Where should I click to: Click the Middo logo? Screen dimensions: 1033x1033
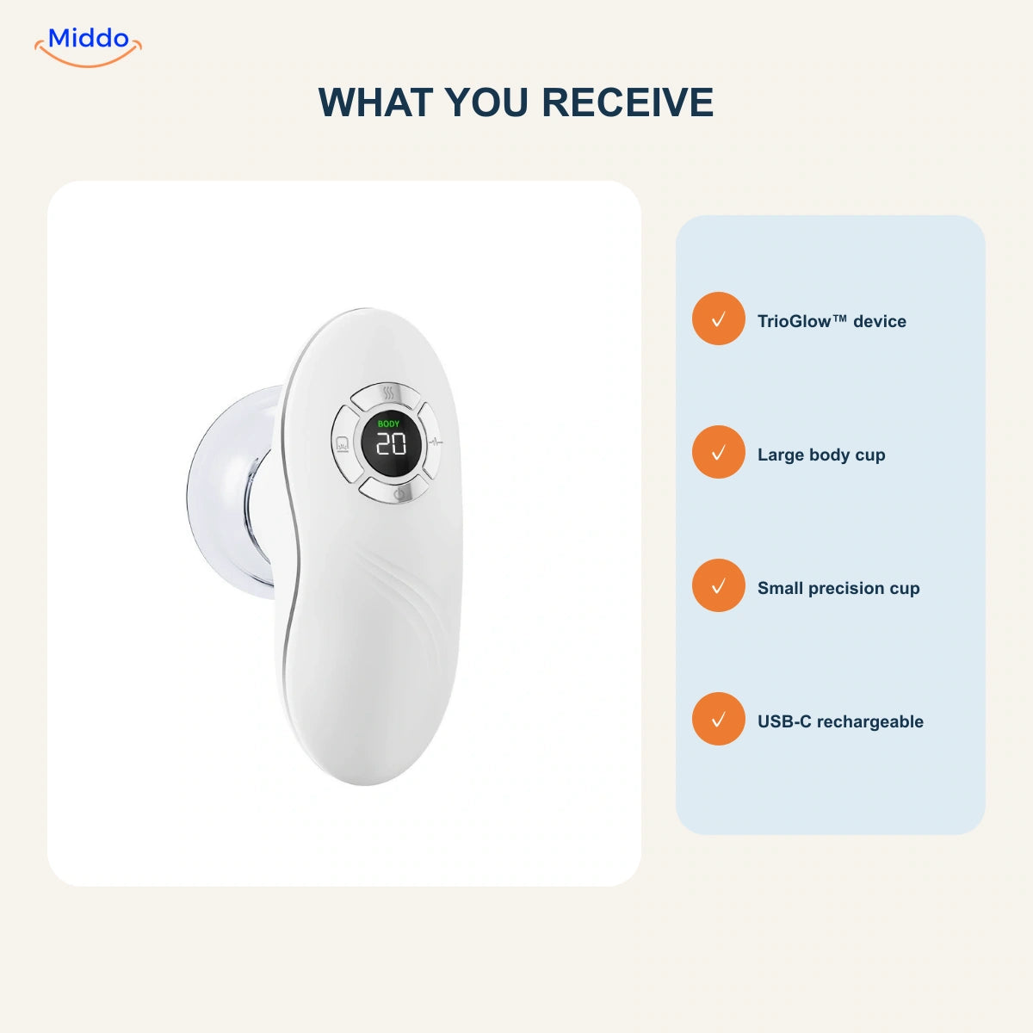click(x=89, y=46)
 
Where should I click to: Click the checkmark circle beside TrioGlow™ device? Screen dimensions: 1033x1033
click(x=718, y=319)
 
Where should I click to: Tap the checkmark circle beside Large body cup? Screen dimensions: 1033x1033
click(x=718, y=452)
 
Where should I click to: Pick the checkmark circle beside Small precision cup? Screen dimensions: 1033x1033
click(x=718, y=585)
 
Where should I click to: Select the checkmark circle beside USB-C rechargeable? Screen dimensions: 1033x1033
click(x=718, y=719)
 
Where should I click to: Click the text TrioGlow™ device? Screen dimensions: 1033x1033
click(x=832, y=321)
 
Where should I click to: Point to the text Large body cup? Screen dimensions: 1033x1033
click(x=821, y=455)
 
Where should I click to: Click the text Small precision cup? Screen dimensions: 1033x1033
click(x=838, y=588)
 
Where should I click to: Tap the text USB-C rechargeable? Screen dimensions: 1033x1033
click(x=840, y=721)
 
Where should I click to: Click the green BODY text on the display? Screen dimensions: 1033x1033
click(x=388, y=424)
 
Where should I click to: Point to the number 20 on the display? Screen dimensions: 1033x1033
click(x=390, y=444)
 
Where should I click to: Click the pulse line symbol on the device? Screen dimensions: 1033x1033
click(x=436, y=442)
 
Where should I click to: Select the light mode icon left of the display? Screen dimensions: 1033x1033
click(x=342, y=444)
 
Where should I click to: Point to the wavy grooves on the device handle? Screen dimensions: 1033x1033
click(x=407, y=595)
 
